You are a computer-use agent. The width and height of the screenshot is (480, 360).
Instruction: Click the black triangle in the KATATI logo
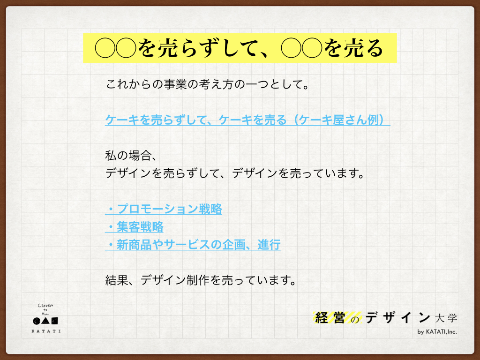click(45, 321)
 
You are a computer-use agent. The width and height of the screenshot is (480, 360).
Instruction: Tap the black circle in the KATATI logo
click(37, 321)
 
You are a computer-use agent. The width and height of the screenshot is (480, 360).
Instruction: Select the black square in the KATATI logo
click(54, 321)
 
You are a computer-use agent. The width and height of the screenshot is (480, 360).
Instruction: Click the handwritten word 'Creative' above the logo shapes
click(45, 306)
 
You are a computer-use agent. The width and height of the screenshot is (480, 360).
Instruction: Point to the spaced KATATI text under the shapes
click(46, 331)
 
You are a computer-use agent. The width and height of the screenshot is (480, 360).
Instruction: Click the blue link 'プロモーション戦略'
click(169, 209)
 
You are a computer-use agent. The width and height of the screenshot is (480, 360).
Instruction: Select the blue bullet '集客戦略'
click(140, 227)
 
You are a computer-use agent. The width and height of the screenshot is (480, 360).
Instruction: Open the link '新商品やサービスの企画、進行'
click(198, 245)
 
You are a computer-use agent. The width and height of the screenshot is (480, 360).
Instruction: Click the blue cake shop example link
click(247, 120)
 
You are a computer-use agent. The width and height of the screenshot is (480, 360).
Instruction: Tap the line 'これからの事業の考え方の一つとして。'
click(207, 84)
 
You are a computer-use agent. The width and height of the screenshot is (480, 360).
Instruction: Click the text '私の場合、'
click(131, 156)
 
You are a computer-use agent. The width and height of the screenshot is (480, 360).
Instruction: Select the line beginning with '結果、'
click(201, 280)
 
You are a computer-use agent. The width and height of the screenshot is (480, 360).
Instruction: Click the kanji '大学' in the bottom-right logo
click(446, 318)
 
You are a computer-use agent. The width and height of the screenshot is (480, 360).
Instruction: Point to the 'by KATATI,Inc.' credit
click(437, 331)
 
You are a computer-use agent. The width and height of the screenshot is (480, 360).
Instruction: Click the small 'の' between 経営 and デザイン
click(355, 320)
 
